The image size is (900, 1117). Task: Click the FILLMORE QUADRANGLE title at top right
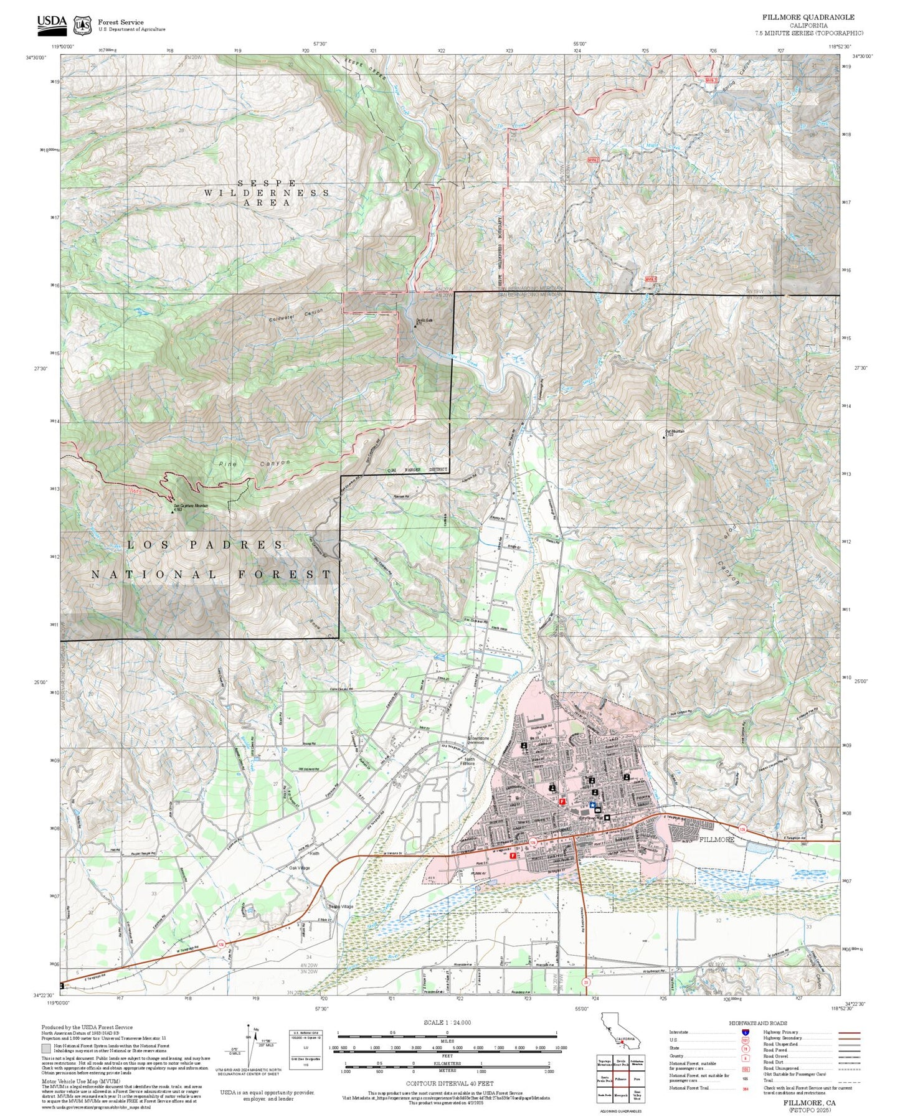pos(808,17)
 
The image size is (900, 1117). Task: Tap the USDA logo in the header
pos(52,24)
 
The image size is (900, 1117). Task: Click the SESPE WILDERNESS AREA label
pos(267,192)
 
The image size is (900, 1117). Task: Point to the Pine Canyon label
pos(254,464)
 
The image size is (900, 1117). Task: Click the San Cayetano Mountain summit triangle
pos(173,512)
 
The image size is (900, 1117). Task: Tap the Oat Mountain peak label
pos(675,431)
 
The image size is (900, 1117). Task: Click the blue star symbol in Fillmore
pos(591,804)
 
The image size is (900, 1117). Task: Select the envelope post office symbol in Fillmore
pos(597,810)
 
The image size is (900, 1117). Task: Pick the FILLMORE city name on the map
pos(716,839)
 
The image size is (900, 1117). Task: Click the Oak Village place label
pos(300,867)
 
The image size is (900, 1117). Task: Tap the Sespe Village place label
pos(341,906)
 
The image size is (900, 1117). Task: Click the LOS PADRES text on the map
pos(206,545)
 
